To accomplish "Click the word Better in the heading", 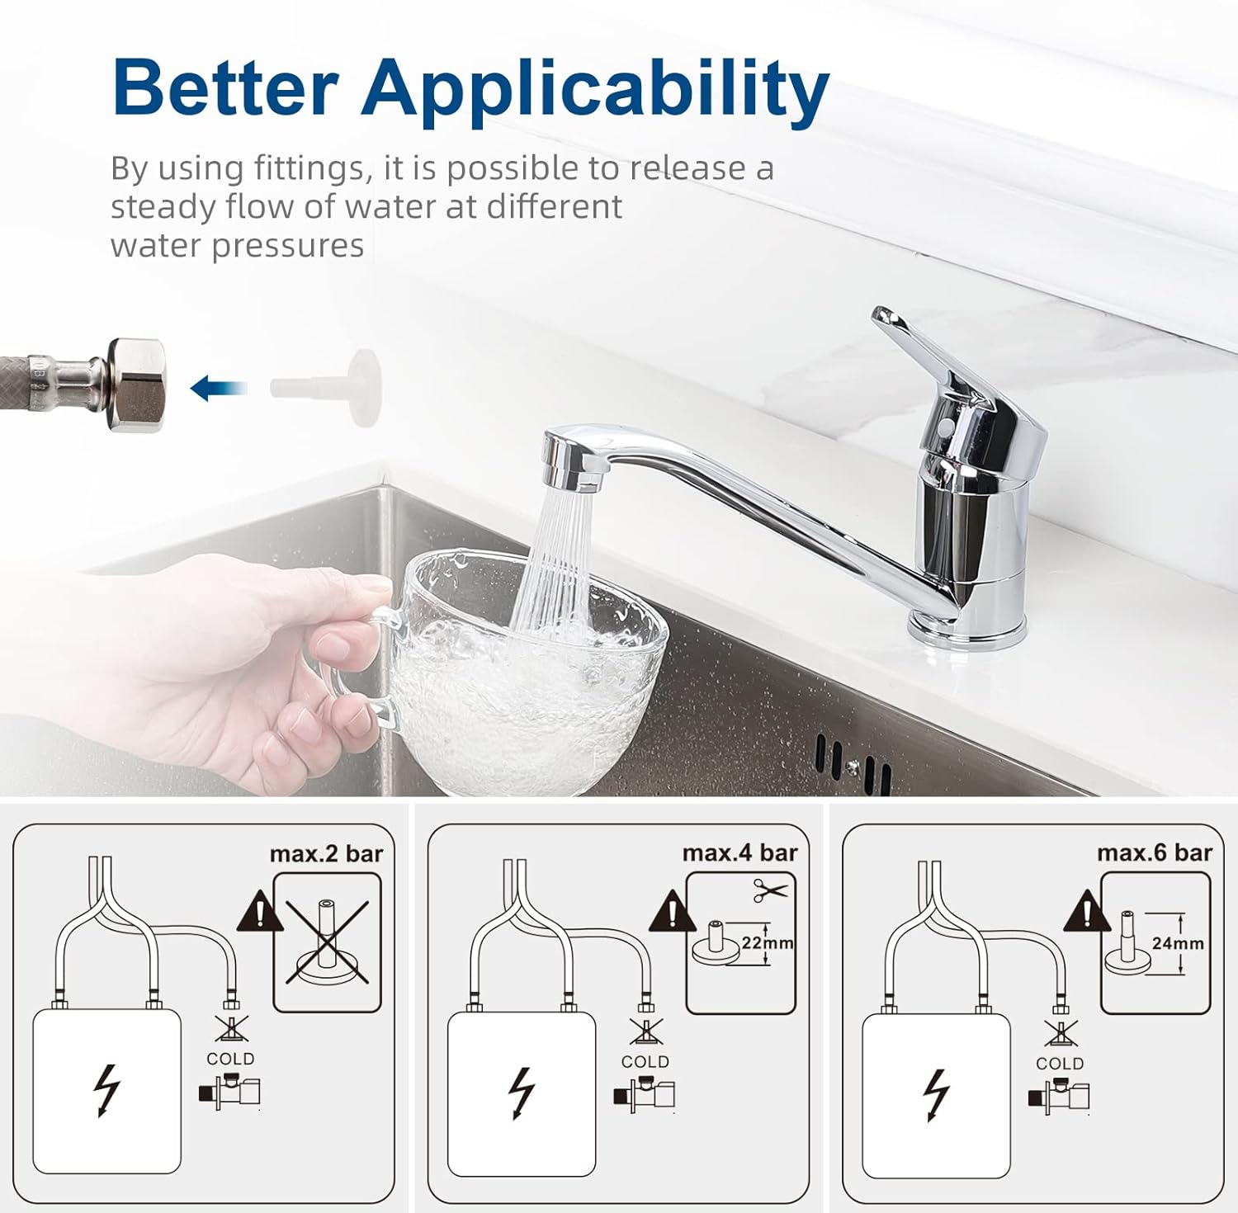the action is (x=225, y=88).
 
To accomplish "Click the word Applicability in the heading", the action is (x=594, y=92).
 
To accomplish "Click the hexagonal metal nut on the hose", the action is (x=138, y=385).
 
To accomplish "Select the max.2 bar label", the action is (x=327, y=854).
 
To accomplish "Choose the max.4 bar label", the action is (x=740, y=853).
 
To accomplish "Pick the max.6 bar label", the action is (x=1155, y=853).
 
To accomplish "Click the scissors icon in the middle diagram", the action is (x=771, y=890).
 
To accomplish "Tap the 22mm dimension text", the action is (x=768, y=942).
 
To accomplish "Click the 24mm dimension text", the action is (x=1178, y=943).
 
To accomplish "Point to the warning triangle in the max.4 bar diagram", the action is (x=673, y=911).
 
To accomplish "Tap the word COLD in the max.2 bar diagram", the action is (x=230, y=1059).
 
